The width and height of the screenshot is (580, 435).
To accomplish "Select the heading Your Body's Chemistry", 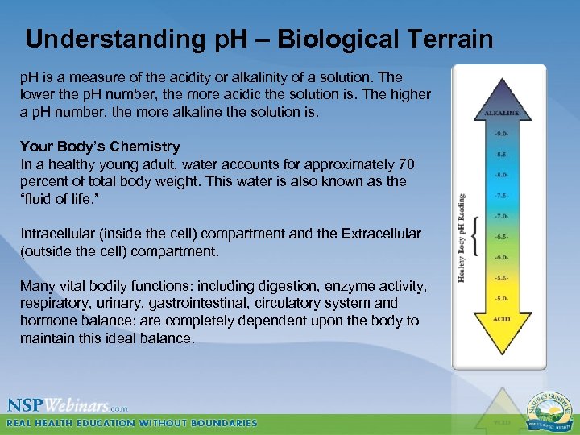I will click(100, 147).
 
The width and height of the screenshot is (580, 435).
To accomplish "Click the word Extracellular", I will click(381, 234).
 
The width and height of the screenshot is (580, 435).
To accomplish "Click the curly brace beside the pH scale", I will click(475, 237).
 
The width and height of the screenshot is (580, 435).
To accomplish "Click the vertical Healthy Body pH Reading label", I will click(462, 237).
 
